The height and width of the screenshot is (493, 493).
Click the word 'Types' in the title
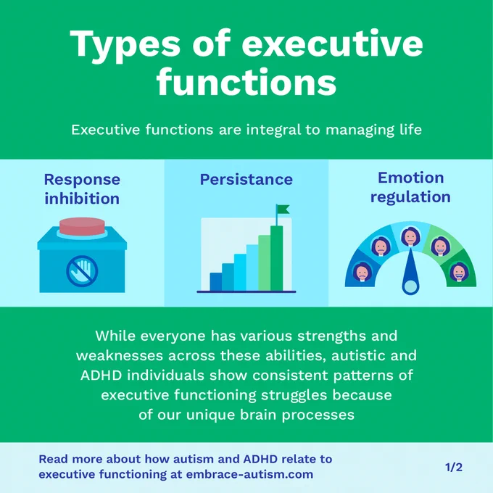[125, 45]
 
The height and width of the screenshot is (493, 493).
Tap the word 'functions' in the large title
[246, 81]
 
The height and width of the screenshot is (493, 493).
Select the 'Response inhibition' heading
[82, 189]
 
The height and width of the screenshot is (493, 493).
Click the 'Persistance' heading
[246, 180]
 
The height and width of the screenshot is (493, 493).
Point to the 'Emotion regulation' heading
[410, 187]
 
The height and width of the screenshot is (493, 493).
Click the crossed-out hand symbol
[82, 271]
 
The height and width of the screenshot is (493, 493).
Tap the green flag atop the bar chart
[283, 209]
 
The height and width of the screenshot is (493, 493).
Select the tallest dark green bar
[276, 258]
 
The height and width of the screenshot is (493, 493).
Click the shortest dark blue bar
[216, 282]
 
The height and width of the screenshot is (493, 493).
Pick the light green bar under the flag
[265, 263]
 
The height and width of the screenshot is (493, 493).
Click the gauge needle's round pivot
[410, 287]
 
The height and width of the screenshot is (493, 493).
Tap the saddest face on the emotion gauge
[362, 272]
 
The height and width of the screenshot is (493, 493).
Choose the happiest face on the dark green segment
[459, 272]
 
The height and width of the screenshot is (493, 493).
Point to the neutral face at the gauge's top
[410, 236]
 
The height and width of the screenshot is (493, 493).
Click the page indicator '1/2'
[454, 468]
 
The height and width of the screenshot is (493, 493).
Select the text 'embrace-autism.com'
[249, 474]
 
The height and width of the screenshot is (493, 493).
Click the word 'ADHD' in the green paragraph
[101, 376]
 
